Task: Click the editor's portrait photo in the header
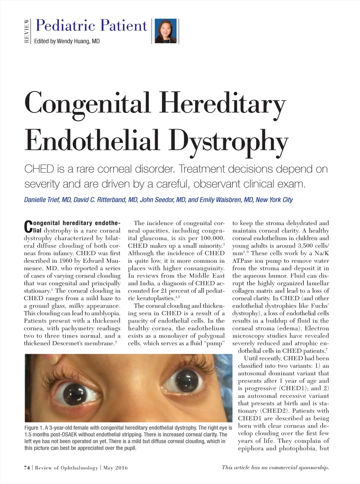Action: [166, 31]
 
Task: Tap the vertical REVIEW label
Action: [27, 31]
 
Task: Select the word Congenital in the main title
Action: [88, 103]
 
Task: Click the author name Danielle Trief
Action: [41, 200]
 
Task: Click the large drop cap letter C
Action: [28, 227]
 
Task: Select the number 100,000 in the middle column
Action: [212, 238]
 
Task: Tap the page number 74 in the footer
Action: [27, 468]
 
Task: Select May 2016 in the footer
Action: [115, 468]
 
